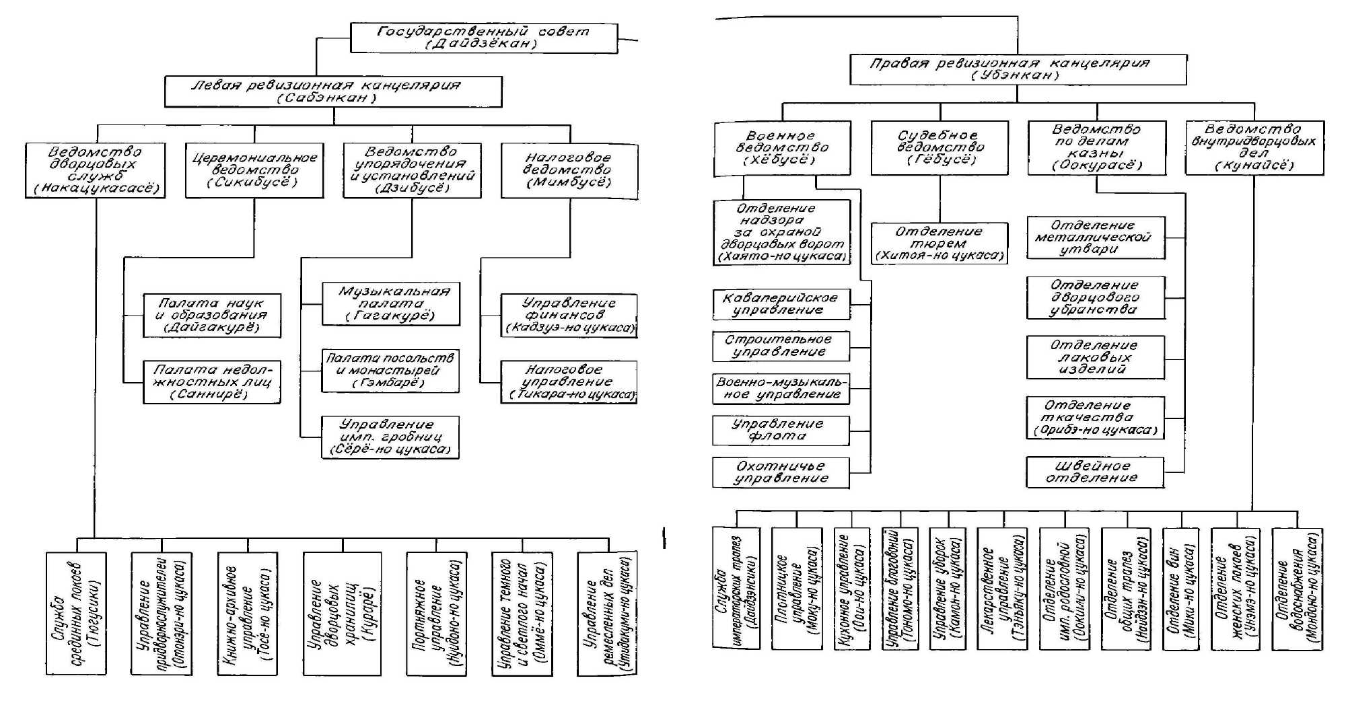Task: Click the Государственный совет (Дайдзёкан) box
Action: click(x=483, y=38)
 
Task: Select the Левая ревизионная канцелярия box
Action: click(x=333, y=91)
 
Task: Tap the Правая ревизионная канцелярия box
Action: click(x=1018, y=69)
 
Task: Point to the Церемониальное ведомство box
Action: click(x=254, y=170)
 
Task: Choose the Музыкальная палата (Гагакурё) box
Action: click(x=390, y=304)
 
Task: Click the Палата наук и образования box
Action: click(x=211, y=316)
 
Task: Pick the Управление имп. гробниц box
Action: click(x=390, y=437)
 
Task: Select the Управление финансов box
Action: click(x=569, y=316)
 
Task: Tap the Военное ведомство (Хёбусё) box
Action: click(x=782, y=149)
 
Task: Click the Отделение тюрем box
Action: click(x=939, y=244)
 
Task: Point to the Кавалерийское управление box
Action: click(x=781, y=304)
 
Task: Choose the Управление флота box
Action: click(x=781, y=431)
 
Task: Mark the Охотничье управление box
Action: click(x=781, y=473)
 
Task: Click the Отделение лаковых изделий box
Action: click(x=1095, y=357)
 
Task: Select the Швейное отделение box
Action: click(x=1094, y=472)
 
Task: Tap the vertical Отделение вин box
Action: click(x=1180, y=589)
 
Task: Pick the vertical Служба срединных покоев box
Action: click(x=76, y=613)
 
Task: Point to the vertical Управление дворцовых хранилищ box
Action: click(x=342, y=613)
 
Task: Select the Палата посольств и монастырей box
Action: click(x=390, y=371)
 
